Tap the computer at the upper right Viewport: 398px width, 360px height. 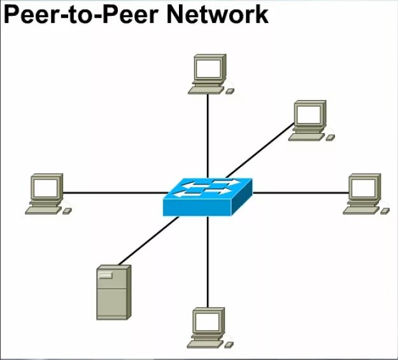pos(309,120)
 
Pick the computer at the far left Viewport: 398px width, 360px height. pos(46,193)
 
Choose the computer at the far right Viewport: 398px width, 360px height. pos(364,193)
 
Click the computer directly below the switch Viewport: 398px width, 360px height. pos(208,327)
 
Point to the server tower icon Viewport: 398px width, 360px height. pos(113,292)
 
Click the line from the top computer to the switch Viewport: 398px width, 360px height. pos(208,134)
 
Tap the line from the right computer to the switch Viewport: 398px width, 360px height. pos(299,192)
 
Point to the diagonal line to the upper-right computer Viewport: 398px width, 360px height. pos(261,150)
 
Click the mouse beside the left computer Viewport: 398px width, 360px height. pos(67,210)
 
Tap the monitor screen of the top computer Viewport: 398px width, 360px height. pos(209,68)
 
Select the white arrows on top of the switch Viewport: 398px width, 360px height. pos(204,187)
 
